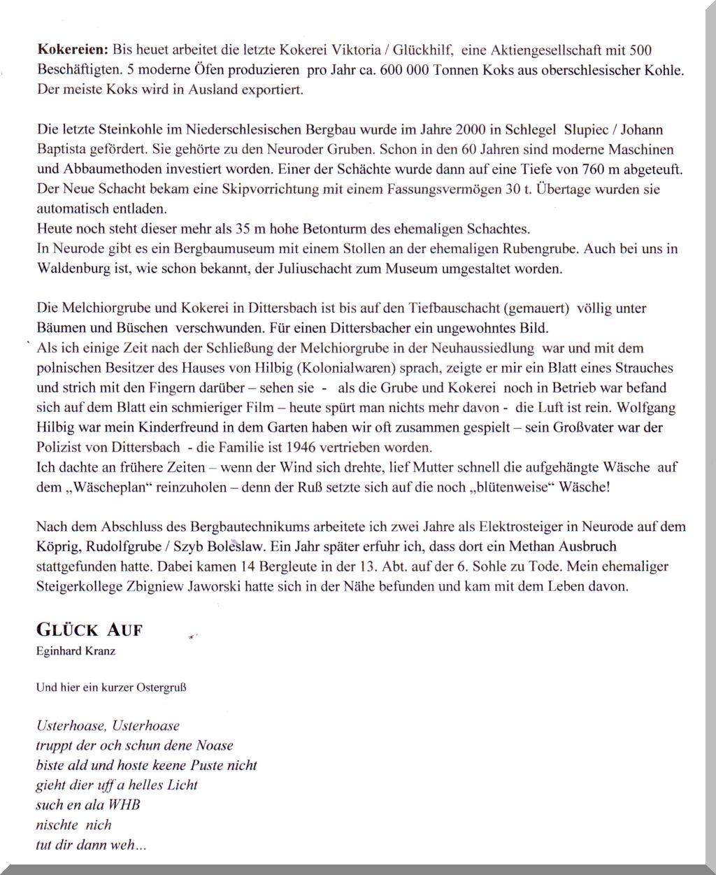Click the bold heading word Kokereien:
tap(73, 50)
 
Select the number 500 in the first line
tap(640, 50)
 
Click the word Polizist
tap(61, 447)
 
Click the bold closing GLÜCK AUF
tap(89, 629)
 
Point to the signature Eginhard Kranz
tap(76, 651)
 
